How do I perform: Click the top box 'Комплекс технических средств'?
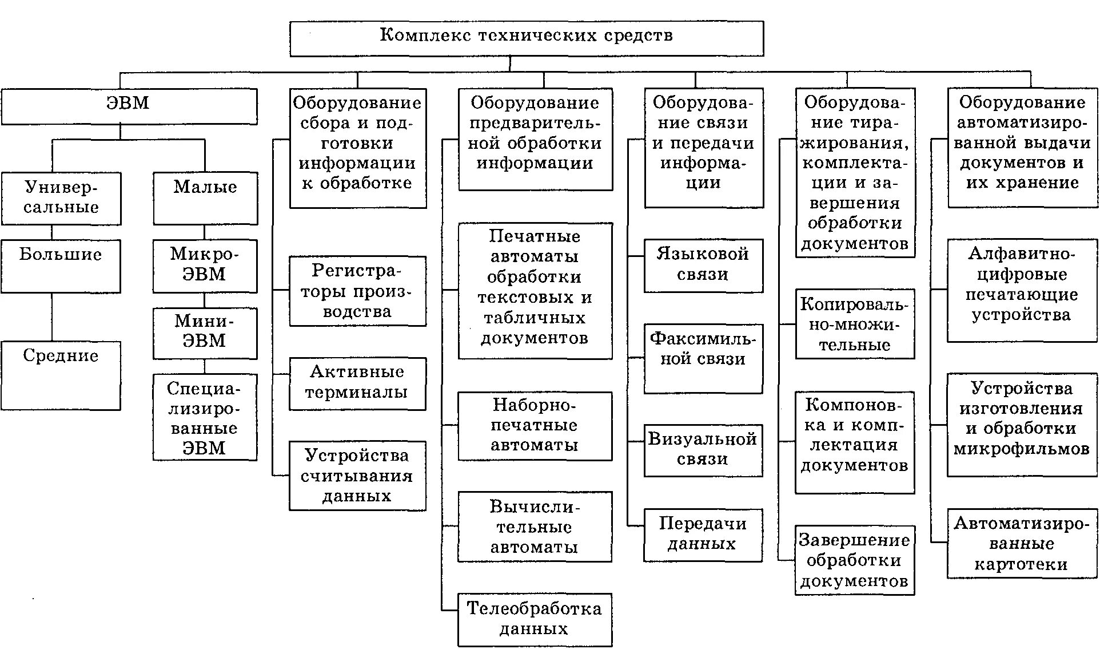pos(526,38)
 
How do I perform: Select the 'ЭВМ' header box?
pos(129,106)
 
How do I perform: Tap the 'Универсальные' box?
pos(61,198)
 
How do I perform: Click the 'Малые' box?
pos(205,198)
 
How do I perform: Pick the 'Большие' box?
pos(61,266)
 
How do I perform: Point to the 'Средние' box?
pos(61,375)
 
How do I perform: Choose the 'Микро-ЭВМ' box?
pos(205,266)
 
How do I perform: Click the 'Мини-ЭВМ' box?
pos(205,333)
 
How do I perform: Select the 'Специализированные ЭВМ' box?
pos(205,417)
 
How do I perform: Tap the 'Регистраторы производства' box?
pos(357,291)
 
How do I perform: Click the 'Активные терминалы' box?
pos(357,383)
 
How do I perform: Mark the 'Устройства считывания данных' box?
pos(357,476)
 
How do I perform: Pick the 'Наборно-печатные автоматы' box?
pos(535,426)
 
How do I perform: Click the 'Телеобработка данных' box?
pos(535,619)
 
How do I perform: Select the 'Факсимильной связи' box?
pos(703,358)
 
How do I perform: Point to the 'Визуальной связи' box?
pos(703,450)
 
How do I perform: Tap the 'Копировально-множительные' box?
pos(855,324)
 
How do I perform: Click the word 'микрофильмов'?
pos(1022,449)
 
